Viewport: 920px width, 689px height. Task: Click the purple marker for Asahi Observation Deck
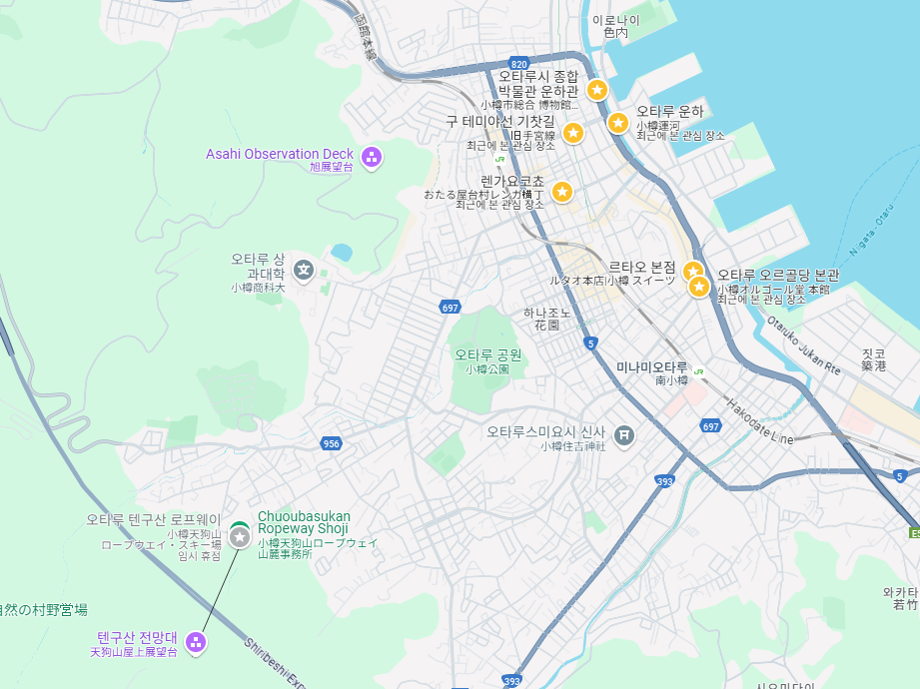[x=372, y=156]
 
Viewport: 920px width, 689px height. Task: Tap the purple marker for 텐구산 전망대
[x=196, y=642]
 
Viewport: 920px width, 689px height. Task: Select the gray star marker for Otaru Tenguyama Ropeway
[x=240, y=537]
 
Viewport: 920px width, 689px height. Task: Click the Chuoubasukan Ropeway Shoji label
[x=304, y=522]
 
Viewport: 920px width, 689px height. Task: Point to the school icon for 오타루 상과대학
[x=305, y=269]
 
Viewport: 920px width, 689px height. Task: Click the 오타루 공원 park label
[x=488, y=354]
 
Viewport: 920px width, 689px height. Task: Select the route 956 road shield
[x=332, y=442]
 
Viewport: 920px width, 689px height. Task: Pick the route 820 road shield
[x=517, y=63]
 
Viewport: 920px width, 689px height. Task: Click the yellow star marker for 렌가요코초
[x=562, y=192]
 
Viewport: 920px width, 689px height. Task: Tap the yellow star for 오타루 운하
[x=618, y=123]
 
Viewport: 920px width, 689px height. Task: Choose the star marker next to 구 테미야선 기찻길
[x=572, y=132]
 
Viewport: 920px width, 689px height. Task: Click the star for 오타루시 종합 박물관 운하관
[x=596, y=90]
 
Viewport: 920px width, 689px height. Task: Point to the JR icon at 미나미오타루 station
[x=699, y=368]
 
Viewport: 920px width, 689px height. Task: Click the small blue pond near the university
[x=342, y=252]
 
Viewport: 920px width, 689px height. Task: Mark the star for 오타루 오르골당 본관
[x=700, y=288]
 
